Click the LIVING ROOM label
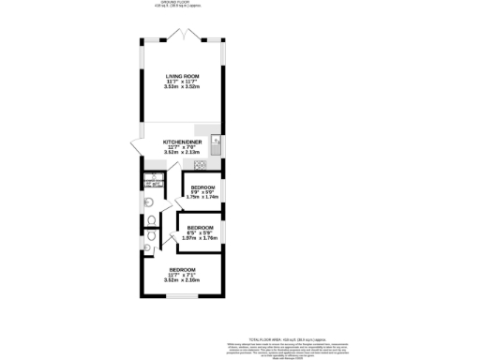pyautogui.click(x=183, y=77)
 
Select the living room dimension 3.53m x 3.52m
pyautogui.click(x=183, y=88)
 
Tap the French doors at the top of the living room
pyautogui.click(x=183, y=37)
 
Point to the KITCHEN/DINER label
pyautogui.click(x=183, y=142)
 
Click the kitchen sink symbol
pyautogui.click(x=215, y=146)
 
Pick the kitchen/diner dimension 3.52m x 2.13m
pyautogui.click(x=183, y=153)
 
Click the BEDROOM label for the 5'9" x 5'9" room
pyautogui.click(x=202, y=187)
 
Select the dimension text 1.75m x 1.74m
pyautogui.click(x=202, y=198)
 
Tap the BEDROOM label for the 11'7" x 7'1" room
pyautogui.click(x=183, y=269)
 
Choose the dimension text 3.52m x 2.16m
pyautogui.click(x=183, y=279)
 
